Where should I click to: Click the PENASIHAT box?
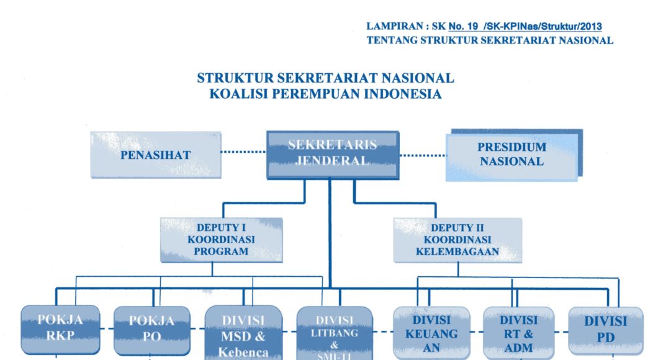point(155,155)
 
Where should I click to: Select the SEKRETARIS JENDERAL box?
point(332,153)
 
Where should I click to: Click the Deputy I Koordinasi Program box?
point(221,240)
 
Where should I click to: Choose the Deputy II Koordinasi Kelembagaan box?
point(457,240)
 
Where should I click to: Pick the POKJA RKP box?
point(60,329)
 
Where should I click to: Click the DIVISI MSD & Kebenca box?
point(243,333)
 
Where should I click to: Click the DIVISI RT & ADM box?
point(518,333)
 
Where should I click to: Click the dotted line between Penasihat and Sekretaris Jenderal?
point(243,151)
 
